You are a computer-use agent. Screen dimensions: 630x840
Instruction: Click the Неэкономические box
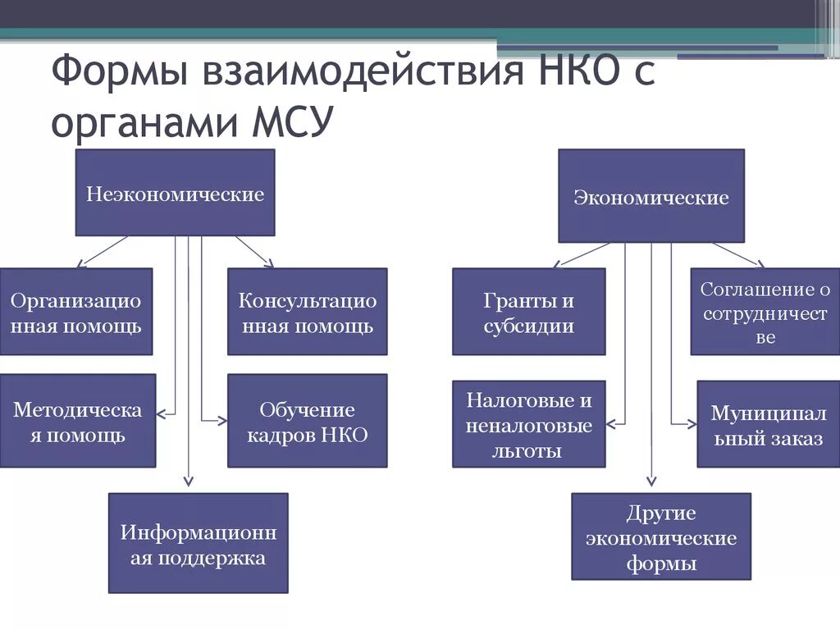[176, 194]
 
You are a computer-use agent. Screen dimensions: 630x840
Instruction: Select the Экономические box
[651, 197]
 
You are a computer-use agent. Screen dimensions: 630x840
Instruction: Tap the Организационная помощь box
[75, 313]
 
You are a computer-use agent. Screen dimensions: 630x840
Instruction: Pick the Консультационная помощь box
[308, 313]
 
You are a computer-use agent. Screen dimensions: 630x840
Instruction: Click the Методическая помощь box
[78, 422]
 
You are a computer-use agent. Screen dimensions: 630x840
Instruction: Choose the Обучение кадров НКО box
[308, 422]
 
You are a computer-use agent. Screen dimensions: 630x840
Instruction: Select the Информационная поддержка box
[199, 544]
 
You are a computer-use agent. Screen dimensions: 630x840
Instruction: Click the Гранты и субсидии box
[529, 313]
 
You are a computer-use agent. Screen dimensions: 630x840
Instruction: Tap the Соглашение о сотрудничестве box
[765, 313]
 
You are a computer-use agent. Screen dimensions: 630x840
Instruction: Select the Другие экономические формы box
[660, 537]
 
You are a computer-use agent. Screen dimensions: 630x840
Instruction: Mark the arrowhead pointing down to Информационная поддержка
[189, 482]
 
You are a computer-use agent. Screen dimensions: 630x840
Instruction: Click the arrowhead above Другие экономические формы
[652, 482]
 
